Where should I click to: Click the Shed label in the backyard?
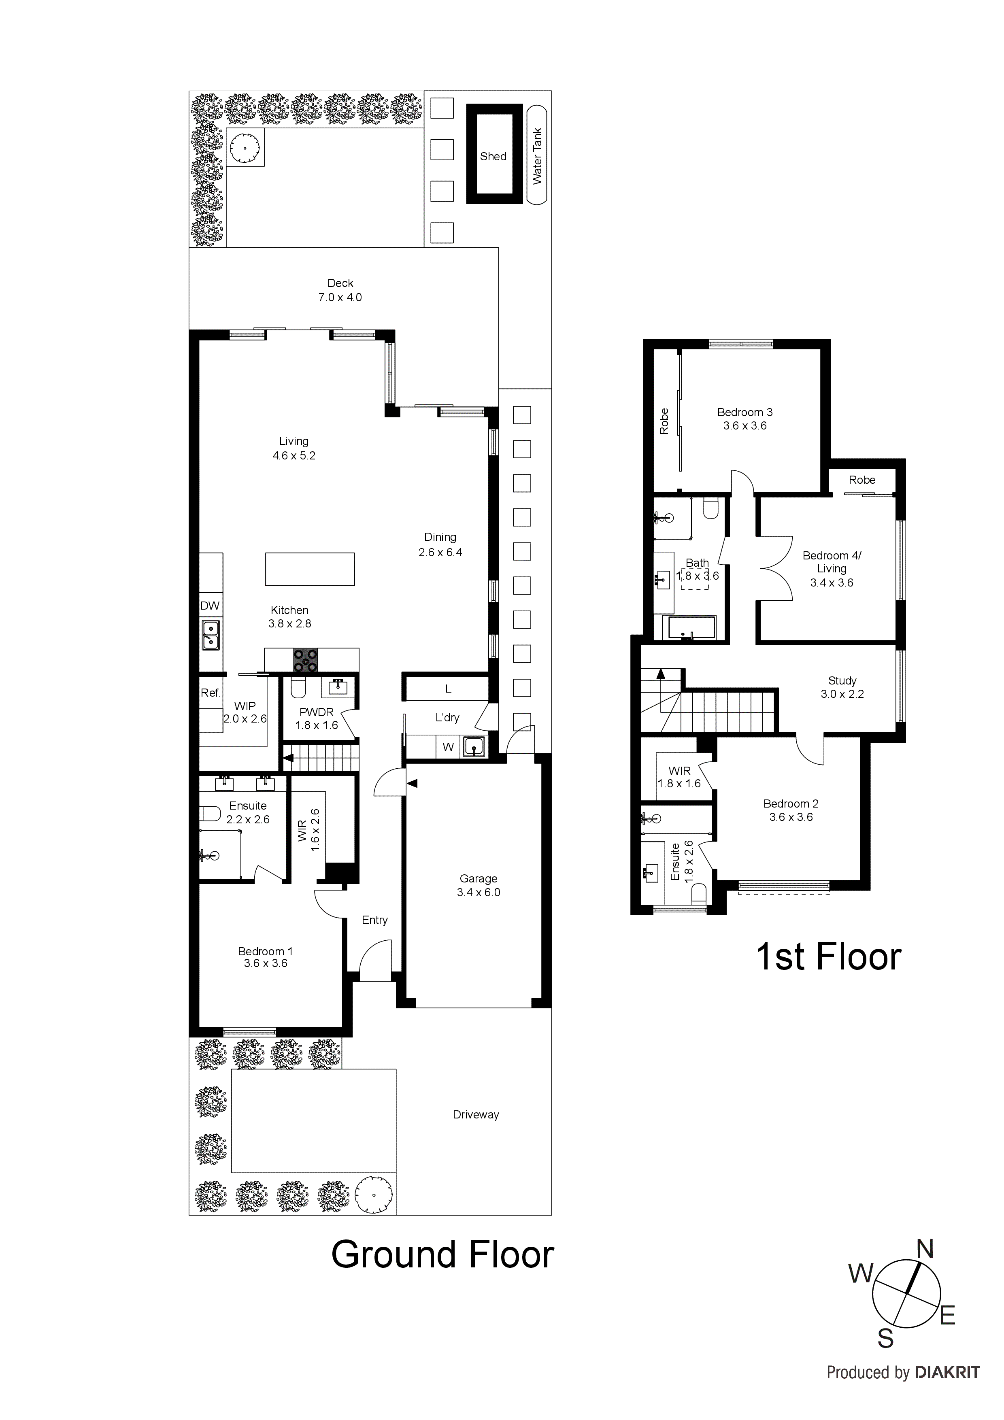click(493, 157)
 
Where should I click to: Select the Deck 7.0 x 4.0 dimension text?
click(340, 298)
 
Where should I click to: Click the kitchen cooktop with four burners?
click(306, 660)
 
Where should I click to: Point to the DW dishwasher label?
click(210, 606)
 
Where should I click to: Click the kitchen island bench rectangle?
click(310, 569)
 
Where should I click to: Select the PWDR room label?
click(316, 712)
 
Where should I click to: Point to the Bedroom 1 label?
click(266, 952)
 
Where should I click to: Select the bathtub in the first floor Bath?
click(689, 627)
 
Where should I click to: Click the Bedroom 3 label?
click(745, 412)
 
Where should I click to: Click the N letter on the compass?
click(925, 1250)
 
